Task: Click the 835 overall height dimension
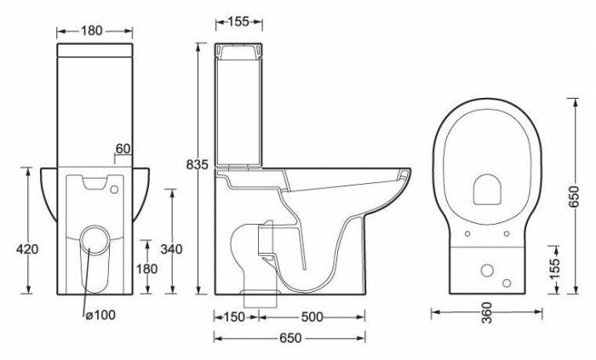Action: point(198,165)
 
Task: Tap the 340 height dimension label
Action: point(172,249)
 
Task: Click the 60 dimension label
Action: point(123,149)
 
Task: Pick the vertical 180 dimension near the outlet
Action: point(148,269)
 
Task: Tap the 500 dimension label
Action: point(312,317)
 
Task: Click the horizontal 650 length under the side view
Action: point(289,339)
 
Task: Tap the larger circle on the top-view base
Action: point(489,271)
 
